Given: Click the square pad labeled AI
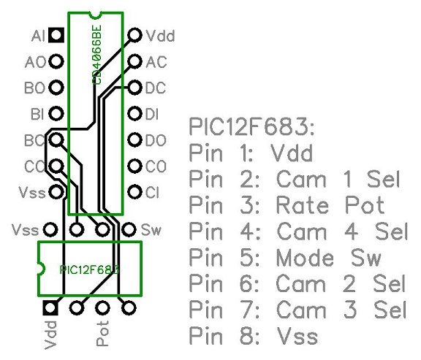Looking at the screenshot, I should pyautogui.click(x=55, y=34).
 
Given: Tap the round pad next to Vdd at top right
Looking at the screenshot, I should pyautogui.click(x=134, y=34).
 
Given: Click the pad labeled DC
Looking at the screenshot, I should pyautogui.click(x=134, y=88).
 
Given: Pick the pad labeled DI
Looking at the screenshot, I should pyautogui.click(x=134, y=114).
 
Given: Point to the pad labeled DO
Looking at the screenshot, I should pyautogui.click(x=134, y=140).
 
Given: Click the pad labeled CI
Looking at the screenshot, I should pyautogui.click(x=134, y=193).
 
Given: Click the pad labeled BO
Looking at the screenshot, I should pyautogui.click(x=55, y=88).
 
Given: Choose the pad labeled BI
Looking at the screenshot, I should pyautogui.click(x=55, y=114).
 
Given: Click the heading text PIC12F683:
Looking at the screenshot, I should pyautogui.click(x=251, y=126).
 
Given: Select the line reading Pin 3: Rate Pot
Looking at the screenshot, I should pyautogui.click(x=287, y=205).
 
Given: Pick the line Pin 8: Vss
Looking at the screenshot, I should pyautogui.click(x=254, y=337).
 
